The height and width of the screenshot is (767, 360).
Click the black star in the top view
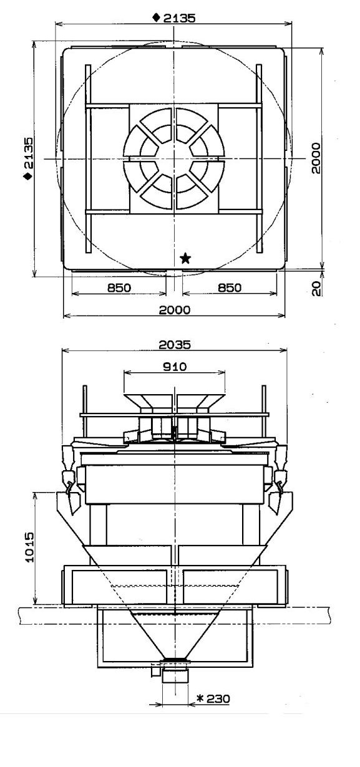tap(185, 258)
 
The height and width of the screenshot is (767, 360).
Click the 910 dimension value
tap(175, 367)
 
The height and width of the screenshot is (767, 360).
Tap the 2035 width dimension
tap(175, 344)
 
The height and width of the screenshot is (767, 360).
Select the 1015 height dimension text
tap(29, 547)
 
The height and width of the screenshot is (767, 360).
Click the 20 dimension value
tap(316, 288)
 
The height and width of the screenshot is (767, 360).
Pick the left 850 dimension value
tap(119, 287)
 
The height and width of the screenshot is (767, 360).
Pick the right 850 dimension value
tap(229, 287)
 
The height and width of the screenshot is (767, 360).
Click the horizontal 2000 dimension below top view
tap(175, 310)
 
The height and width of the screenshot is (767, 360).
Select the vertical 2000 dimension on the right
tap(316, 158)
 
